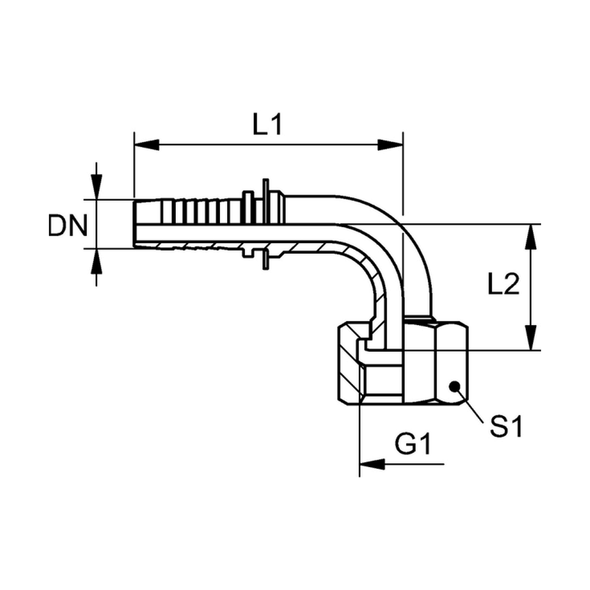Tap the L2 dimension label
(x=503, y=284)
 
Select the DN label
(x=68, y=226)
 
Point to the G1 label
(x=413, y=444)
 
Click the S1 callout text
(x=506, y=427)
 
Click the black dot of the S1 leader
(x=454, y=386)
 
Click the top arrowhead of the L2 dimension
(x=530, y=237)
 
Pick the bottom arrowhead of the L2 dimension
(x=530, y=338)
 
